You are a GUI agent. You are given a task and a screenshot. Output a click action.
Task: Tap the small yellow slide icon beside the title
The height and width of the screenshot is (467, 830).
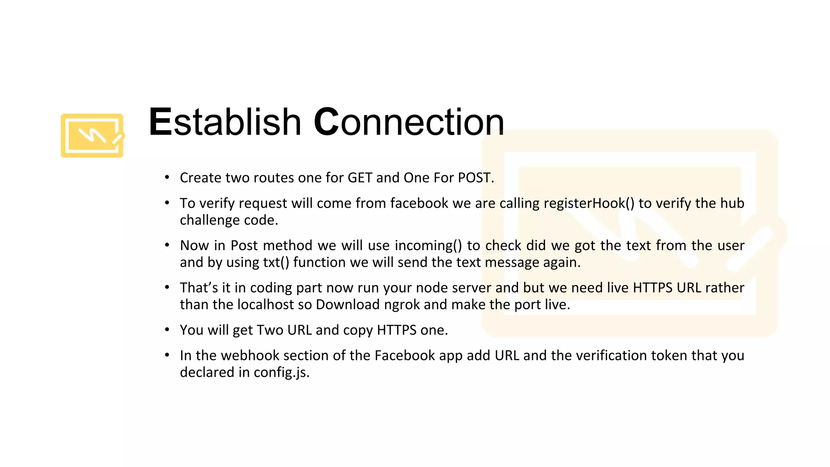pos(92,135)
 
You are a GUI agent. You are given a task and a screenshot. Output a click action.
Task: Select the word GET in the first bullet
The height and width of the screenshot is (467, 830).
pos(360,178)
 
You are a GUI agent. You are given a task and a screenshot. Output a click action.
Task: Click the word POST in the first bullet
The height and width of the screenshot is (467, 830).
pos(475,178)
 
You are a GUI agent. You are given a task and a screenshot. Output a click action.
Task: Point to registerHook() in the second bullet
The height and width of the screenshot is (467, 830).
pos(589,203)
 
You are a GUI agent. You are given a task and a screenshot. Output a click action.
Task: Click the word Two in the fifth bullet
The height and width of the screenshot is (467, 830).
pos(270,330)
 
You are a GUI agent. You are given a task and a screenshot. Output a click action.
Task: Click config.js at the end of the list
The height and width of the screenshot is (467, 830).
pos(282,373)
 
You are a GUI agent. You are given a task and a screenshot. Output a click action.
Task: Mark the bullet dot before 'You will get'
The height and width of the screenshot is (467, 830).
pos(167,330)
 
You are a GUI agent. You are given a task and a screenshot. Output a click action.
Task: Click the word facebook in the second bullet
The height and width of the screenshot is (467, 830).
pos(419,203)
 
